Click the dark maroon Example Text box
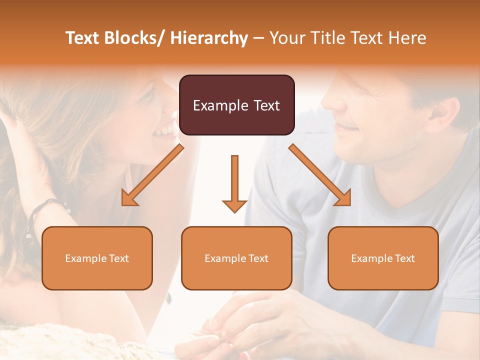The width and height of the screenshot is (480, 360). [236, 105]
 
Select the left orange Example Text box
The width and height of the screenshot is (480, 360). [97, 258]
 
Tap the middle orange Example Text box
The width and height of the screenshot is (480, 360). [236, 258]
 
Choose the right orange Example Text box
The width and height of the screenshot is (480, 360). [383, 258]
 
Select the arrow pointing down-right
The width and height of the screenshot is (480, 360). [320, 175]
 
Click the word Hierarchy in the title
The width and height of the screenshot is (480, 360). [209, 38]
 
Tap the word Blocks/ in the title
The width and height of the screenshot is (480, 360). [134, 38]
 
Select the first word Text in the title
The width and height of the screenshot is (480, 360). [82, 38]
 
